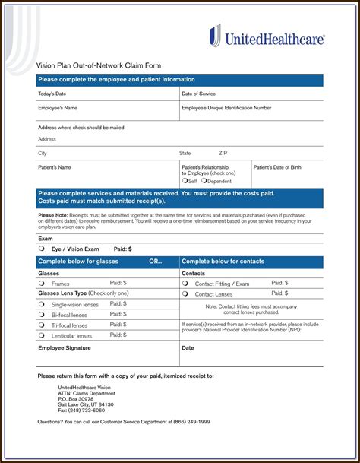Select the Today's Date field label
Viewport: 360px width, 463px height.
click(x=52, y=94)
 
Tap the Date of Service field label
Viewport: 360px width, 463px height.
click(x=198, y=94)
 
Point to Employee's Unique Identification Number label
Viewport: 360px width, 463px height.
click(x=226, y=108)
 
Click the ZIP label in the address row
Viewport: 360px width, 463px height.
click(x=223, y=153)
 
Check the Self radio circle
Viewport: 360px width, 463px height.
click(x=185, y=181)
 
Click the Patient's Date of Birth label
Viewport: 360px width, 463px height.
click(x=277, y=167)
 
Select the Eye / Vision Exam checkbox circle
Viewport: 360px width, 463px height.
click(x=41, y=249)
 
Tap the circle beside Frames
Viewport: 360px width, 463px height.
click(x=41, y=284)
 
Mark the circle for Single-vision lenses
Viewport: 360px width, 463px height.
click(x=41, y=304)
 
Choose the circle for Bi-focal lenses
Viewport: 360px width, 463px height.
click(x=41, y=315)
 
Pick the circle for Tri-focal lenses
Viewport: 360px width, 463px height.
click(x=41, y=325)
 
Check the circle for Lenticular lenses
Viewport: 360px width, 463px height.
click(x=41, y=335)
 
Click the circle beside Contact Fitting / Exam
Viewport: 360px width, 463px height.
click(x=185, y=284)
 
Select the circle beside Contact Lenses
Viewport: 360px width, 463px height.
click(x=185, y=293)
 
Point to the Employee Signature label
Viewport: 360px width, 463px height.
click(x=65, y=348)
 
